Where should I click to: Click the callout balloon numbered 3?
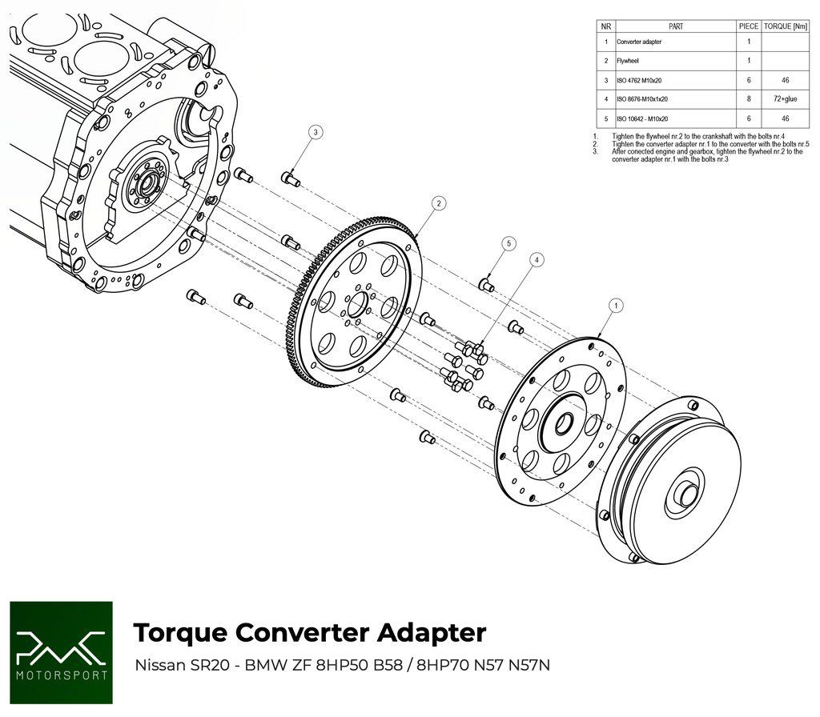[x=316, y=132]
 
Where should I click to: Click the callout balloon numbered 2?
[x=439, y=203]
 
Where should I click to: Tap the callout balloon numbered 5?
[x=508, y=242]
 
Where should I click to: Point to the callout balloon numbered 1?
[x=616, y=305]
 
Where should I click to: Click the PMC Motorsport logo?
[x=60, y=651]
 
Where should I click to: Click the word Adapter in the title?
[x=427, y=632]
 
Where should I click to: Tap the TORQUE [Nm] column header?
[x=786, y=26]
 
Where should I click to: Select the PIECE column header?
[x=748, y=26]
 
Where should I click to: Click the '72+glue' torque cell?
[x=786, y=99]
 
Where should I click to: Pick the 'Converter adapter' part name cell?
[x=639, y=42]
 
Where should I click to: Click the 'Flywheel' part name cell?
[x=628, y=61]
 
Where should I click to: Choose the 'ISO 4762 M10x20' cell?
[x=639, y=80]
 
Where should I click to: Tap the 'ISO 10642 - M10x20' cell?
[x=642, y=118]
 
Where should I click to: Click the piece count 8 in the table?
[x=748, y=99]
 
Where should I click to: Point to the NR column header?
[x=606, y=26]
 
